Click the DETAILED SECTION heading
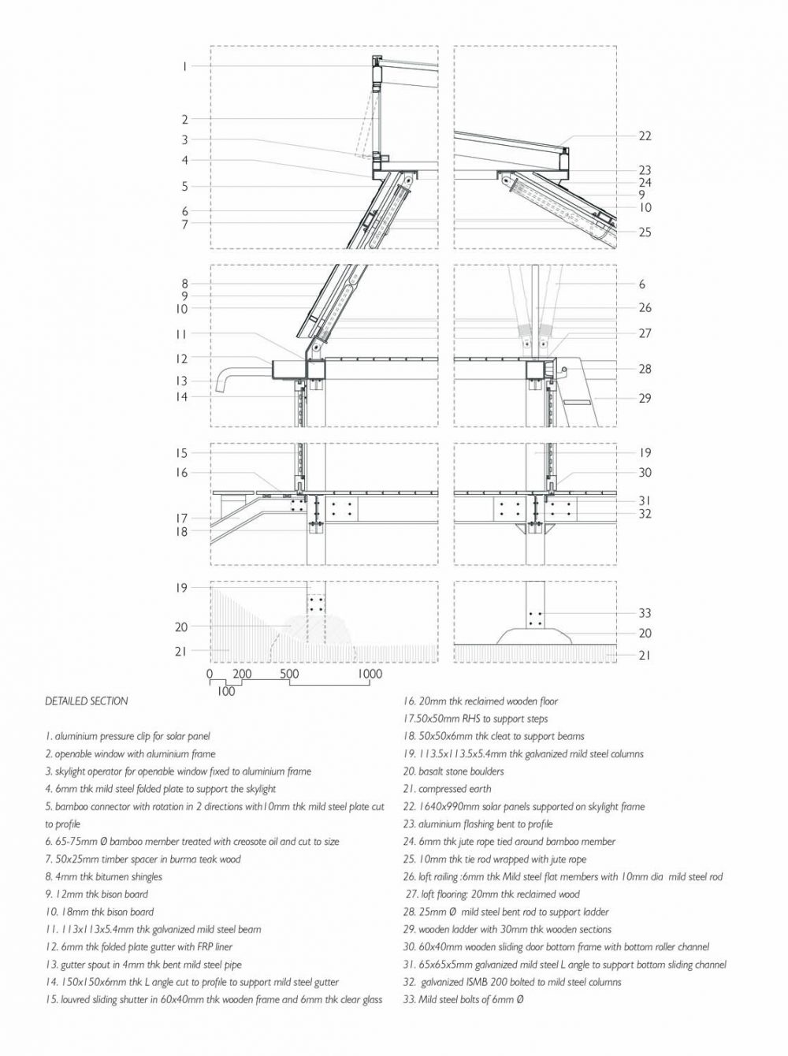coord(87,701)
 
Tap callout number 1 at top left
coord(184,66)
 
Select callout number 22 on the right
coord(645,136)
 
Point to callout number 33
coord(645,613)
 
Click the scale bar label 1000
coord(370,674)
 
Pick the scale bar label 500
coord(289,674)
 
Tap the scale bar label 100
coord(226,691)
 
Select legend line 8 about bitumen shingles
coord(104,876)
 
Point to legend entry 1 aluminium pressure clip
coord(128,736)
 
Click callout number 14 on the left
coord(182,397)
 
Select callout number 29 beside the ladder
coord(645,398)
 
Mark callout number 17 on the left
coord(182,519)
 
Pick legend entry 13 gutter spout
coord(143,965)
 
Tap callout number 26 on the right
coord(645,308)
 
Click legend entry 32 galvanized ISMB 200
coord(512,982)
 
